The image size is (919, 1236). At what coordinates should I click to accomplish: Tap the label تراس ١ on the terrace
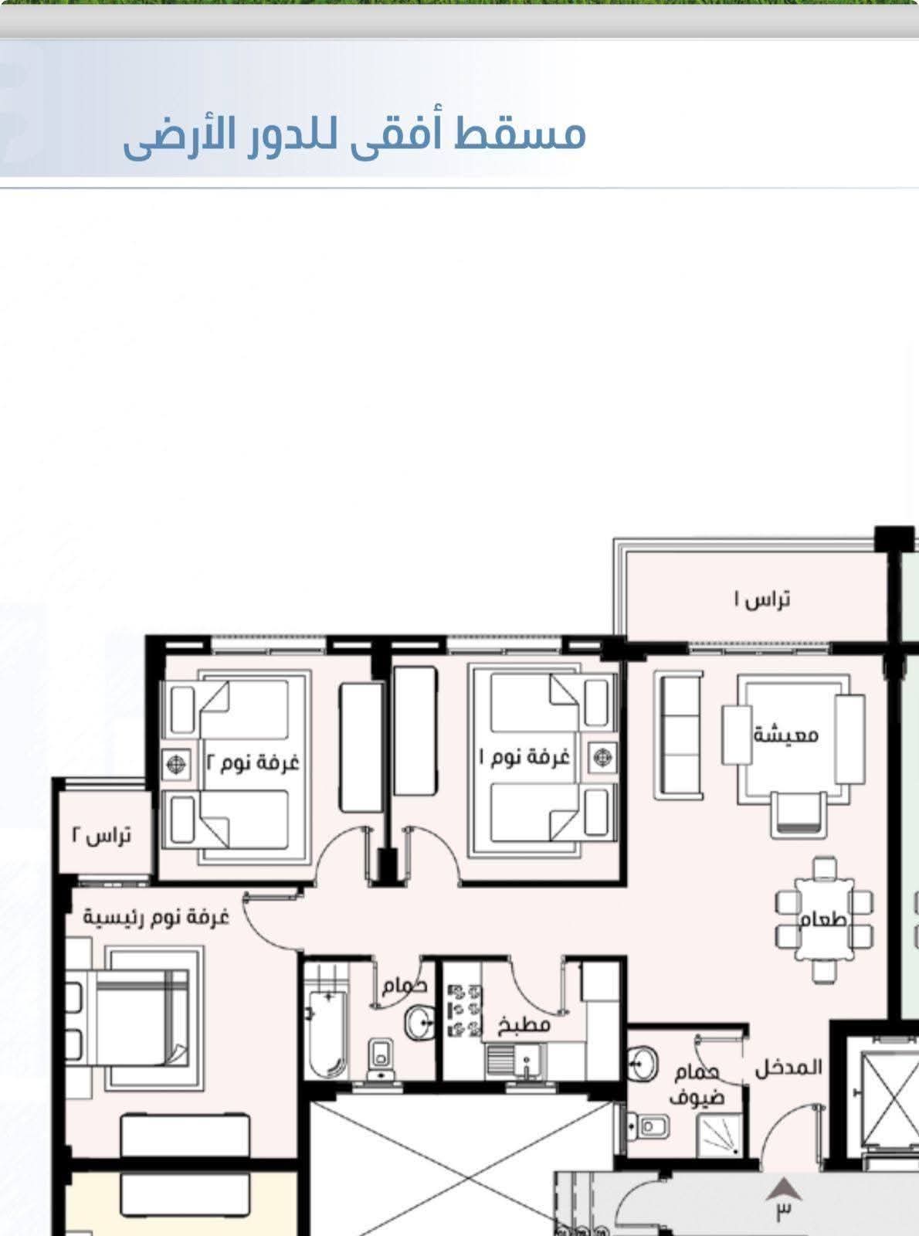coord(761,599)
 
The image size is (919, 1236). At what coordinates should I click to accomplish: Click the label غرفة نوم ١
coord(525,758)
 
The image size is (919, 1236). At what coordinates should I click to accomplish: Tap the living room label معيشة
coord(786,735)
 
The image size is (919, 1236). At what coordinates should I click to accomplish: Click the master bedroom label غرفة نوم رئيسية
coord(157,917)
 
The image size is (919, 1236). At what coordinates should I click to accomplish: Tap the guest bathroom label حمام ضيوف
coord(697,1085)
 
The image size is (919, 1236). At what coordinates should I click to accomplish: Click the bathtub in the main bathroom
coord(328,1034)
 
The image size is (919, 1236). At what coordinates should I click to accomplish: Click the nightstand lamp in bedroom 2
coord(177,764)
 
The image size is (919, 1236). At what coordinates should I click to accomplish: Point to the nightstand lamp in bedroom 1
coord(602,757)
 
